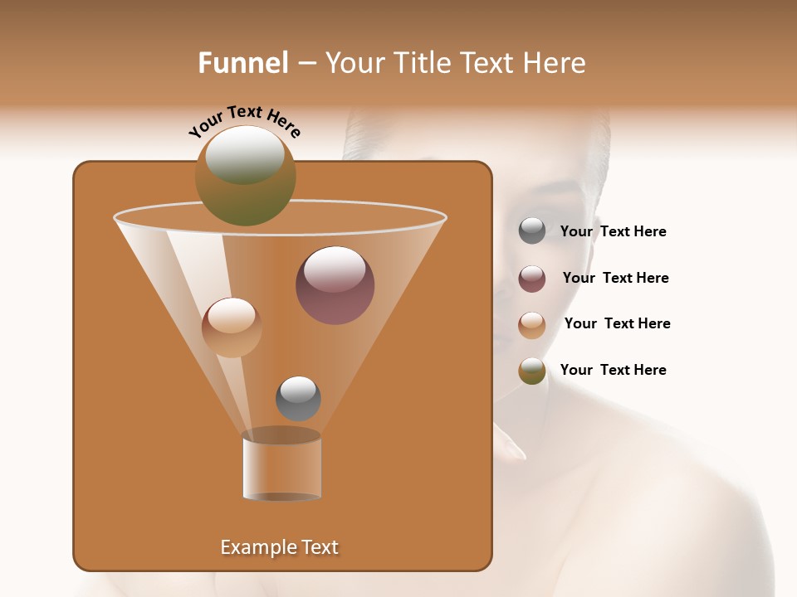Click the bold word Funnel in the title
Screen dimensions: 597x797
[x=243, y=63]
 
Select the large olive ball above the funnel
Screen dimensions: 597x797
[x=246, y=175]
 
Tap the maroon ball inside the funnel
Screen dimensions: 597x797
[x=335, y=285]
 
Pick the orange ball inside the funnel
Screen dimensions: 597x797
[x=232, y=328]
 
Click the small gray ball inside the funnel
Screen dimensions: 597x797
[x=298, y=398]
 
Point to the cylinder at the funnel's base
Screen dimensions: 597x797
[x=282, y=467]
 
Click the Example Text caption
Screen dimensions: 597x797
[x=279, y=547]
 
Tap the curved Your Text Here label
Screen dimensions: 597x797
[x=245, y=122]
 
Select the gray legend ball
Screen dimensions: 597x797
[x=532, y=231]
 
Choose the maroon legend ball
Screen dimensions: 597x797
[x=532, y=279]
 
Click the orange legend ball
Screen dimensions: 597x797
[x=532, y=325]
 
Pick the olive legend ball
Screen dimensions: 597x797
[x=532, y=371]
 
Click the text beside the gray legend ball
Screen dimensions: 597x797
[x=613, y=232]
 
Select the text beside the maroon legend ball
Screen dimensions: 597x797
[x=615, y=278]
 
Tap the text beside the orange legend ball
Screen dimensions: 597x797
[x=617, y=323]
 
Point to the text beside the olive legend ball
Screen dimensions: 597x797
[x=613, y=370]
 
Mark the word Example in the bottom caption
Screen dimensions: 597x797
[x=253, y=547]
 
